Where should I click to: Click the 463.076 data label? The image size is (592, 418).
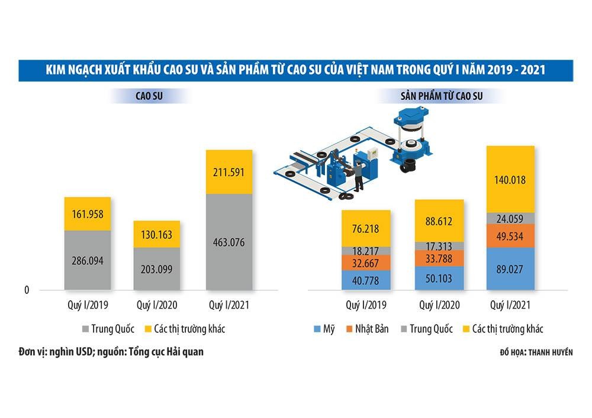pyautogui.click(x=229, y=242)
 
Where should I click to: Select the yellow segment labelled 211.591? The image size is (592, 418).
pyautogui.click(x=229, y=173)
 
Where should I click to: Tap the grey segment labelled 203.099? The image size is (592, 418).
pyautogui.click(x=157, y=269)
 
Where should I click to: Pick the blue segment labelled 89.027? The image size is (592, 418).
pyautogui.click(x=510, y=269)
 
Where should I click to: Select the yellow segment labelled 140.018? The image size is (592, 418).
pyautogui.click(x=510, y=180)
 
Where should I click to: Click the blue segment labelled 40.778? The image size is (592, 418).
pyautogui.click(x=366, y=280)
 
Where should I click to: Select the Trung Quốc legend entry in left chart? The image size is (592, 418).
pyautogui.click(x=110, y=329)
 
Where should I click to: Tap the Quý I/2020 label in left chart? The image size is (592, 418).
pyautogui.click(x=157, y=306)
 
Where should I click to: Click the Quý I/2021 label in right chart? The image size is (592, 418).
pyautogui.click(x=510, y=306)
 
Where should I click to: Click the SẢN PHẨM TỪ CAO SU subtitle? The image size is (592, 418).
pyautogui.click(x=450, y=95)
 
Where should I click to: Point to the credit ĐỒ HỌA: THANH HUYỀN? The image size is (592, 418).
pyautogui.click(x=536, y=352)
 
